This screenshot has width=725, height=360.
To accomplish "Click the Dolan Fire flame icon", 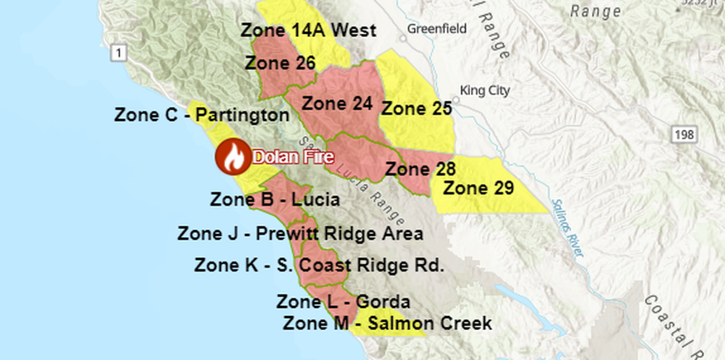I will pyautogui.click(x=233, y=156).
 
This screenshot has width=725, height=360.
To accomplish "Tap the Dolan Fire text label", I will pyautogui.click(x=293, y=156).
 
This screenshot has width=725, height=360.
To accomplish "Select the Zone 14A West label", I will pyautogui.click(x=308, y=30).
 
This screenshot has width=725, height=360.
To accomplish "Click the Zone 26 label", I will pyautogui.click(x=280, y=63).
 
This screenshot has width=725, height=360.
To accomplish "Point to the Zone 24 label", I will pyautogui.click(x=336, y=104).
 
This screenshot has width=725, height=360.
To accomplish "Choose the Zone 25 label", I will pyautogui.click(x=416, y=108).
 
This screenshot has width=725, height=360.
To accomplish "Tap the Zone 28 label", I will pyautogui.click(x=420, y=169).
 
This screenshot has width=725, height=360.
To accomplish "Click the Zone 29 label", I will pyautogui.click(x=478, y=188).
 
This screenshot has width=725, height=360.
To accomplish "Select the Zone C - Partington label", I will pyautogui.click(x=202, y=115).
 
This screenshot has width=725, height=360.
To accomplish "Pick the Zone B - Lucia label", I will pyautogui.click(x=275, y=200).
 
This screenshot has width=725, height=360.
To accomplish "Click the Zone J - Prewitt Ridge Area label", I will pyautogui.click(x=300, y=233).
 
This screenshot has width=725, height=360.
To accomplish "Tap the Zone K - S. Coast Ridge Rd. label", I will pyautogui.click(x=319, y=265).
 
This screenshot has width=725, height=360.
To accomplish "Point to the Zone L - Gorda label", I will pyautogui.click(x=343, y=301).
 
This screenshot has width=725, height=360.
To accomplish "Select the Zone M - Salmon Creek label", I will pyautogui.click(x=387, y=323).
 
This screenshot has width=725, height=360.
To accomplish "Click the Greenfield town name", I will pyautogui.click(x=437, y=29).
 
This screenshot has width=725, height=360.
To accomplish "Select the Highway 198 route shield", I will pyautogui.click(x=686, y=134).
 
